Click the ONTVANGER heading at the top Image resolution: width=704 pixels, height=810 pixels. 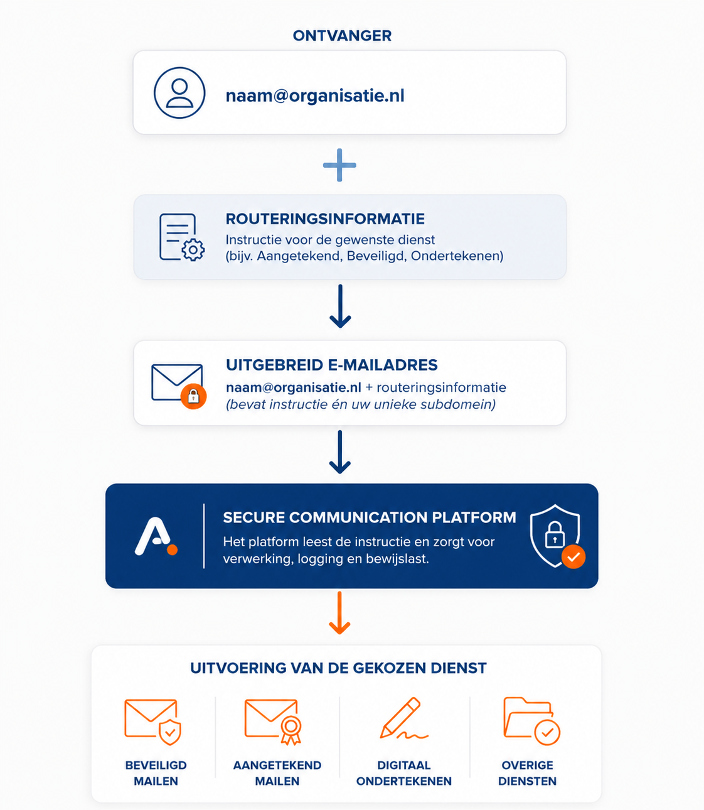pos(342,36)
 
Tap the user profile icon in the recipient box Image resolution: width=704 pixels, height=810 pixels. pos(179,93)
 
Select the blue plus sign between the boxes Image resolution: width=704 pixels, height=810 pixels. pos(339,165)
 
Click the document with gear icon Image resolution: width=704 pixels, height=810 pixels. pos(181,237)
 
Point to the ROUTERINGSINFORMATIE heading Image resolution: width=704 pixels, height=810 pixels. pos(325,219)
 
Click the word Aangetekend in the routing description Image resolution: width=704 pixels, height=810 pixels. pos(299,256)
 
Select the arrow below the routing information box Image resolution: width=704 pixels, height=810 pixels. pos(340,306)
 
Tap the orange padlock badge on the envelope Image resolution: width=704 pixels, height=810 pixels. pos(193,396)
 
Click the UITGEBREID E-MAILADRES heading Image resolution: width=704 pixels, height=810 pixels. pos(332,365)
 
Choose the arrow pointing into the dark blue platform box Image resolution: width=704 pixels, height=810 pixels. pos(340,452)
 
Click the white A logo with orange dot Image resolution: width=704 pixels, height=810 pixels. pos(156,536)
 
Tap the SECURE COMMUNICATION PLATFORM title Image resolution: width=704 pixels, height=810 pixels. pos(370,517)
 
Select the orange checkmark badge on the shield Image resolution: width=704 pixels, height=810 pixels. pos(573,556)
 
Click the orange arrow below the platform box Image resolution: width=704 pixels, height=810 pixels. pos(339,613)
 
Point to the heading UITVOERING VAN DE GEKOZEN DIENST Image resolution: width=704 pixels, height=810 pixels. pos(339,668)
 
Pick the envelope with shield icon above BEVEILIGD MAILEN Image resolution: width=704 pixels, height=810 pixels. pos(152,721)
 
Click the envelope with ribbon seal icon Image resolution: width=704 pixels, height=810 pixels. pos(273,721)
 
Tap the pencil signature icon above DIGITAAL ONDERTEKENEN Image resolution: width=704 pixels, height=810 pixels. pos(404,718)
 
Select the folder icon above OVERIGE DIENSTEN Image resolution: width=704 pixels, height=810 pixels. pos(531,721)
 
